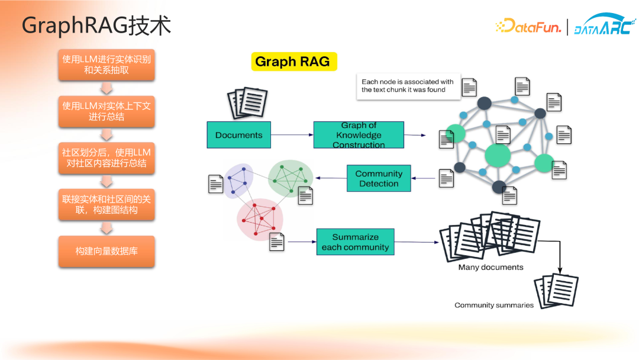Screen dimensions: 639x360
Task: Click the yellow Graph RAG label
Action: click(x=294, y=62)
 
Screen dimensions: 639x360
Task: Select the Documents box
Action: click(x=239, y=135)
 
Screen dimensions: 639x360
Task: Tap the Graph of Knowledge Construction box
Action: click(x=359, y=135)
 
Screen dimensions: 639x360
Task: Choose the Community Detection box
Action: click(x=379, y=178)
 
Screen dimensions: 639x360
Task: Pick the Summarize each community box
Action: click(x=356, y=242)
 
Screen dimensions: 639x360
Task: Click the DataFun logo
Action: click(x=528, y=26)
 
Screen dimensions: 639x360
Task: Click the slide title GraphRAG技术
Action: click(x=96, y=25)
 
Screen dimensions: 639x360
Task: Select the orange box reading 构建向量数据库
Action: click(x=106, y=251)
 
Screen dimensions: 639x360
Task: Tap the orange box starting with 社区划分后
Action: click(x=106, y=157)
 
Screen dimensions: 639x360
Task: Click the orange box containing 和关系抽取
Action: click(x=106, y=65)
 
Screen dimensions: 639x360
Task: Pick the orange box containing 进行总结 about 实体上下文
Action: click(x=106, y=111)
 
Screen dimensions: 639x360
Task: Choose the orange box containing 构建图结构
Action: click(x=106, y=205)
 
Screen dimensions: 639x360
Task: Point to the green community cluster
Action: click(x=290, y=178)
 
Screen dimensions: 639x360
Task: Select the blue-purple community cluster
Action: click(x=238, y=180)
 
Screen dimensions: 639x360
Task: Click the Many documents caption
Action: click(x=490, y=268)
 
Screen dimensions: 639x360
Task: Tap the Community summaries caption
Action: click(x=494, y=305)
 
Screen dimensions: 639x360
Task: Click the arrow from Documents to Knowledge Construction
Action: click(x=292, y=134)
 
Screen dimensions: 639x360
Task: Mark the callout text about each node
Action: click(x=408, y=86)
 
